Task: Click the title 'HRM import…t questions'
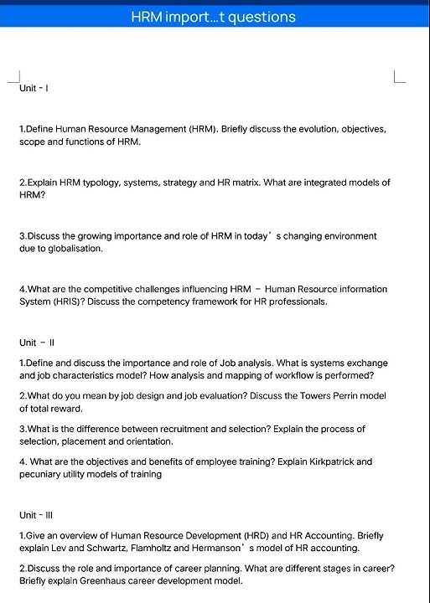coord(214,17)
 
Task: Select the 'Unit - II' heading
coord(37,343)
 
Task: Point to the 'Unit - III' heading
coord(38,514)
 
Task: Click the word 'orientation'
coord(148,441)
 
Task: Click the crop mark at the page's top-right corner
coord(399,78)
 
